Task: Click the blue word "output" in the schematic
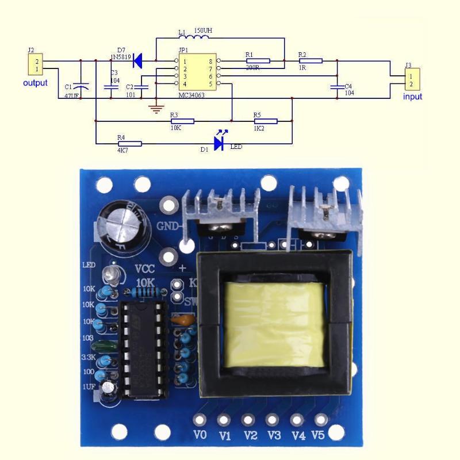(35, 83)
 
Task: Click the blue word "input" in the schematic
(412, 97)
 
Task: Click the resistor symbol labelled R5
(265, 121)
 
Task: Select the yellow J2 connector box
(35, 65)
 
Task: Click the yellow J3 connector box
(412, 79)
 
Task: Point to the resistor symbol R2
(310, 60)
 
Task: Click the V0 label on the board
(200, 435)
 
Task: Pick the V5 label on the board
(319, 435)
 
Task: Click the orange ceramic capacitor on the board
(183, 320)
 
